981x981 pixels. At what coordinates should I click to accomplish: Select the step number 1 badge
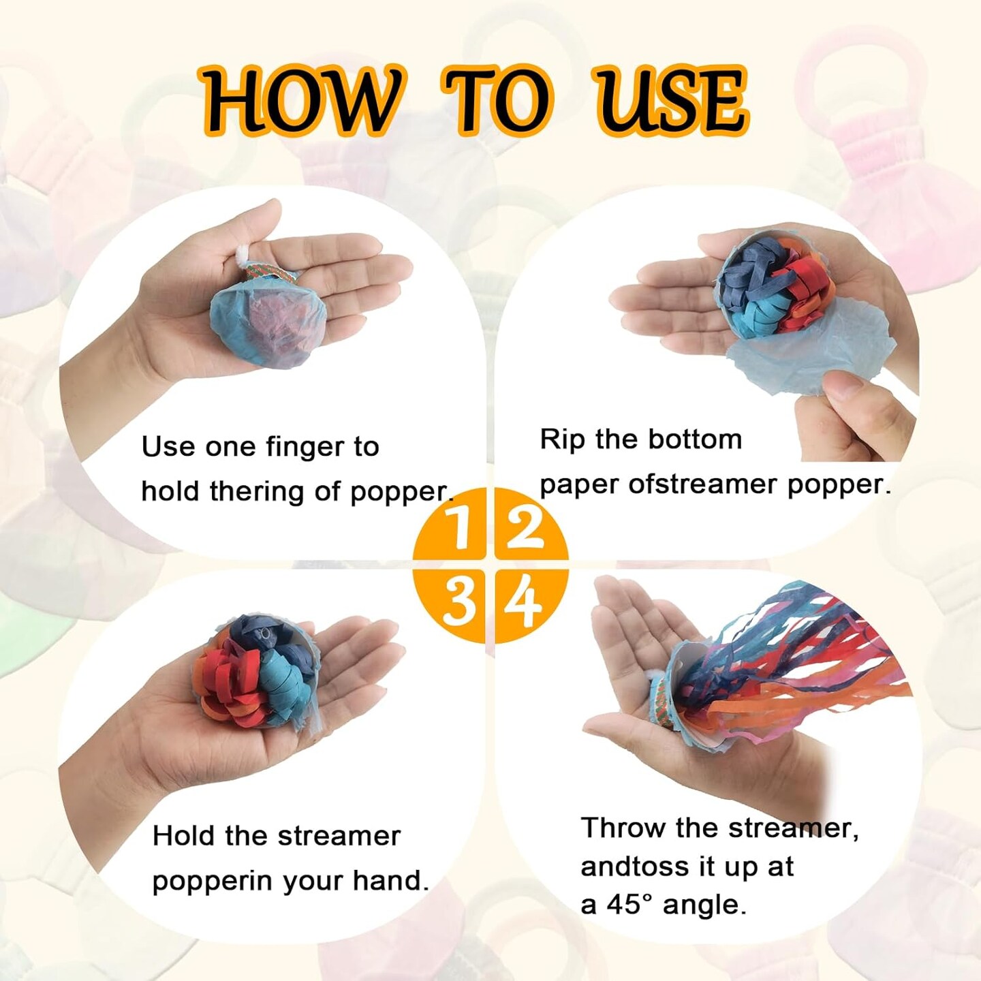tap(454, 527)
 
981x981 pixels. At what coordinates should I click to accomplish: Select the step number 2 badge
tap(525, 527)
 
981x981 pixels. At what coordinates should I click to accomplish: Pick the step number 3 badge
tap(454, 603)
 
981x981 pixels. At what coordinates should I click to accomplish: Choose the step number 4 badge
tap(525, 603)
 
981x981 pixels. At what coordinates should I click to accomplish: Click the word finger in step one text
tap(305, 448)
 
